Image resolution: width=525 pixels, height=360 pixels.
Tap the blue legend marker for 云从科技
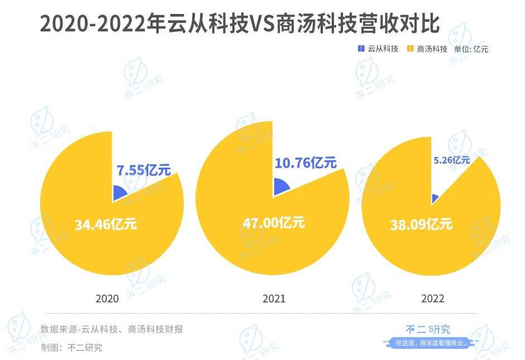tap(361, 49)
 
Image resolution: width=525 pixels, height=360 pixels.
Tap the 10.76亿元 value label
tap(306, 163)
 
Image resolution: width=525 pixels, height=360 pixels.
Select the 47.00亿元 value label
tap(274, 222)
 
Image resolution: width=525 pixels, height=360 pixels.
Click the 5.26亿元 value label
tap(452, 160)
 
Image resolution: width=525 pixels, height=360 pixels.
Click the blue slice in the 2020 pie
tap(118, 194)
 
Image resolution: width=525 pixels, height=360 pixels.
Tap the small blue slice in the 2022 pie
tap(435, 198)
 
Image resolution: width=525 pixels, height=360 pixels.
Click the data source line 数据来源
tap(112, 329)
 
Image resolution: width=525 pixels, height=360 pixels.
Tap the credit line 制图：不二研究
tap(71, 347)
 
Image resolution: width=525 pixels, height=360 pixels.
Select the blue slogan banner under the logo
tap(431, 343)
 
